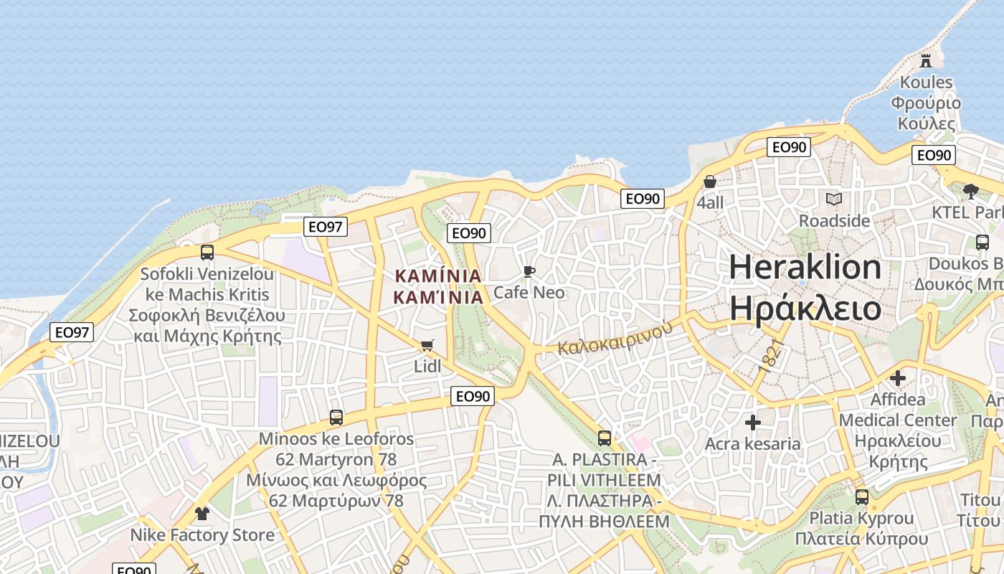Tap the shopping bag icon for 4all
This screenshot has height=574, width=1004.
click(710, 182)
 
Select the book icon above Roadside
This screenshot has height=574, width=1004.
click(834, 199)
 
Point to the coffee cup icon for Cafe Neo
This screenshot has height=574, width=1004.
click(529, 271)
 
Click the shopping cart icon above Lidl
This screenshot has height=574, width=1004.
click(427, 346)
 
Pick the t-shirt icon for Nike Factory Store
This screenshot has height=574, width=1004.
click(202, 513)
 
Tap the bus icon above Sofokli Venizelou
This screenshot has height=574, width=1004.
click(207, 252)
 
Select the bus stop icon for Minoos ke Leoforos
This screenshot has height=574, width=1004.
click(336, 417)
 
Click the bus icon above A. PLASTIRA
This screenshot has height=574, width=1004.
click(605, 438)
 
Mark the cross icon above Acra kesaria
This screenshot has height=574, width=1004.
click(752, 423)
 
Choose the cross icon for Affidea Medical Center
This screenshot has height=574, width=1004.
click(898, 377)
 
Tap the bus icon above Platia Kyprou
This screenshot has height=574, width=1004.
click(862, 497)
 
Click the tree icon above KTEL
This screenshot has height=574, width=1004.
click(971, 191)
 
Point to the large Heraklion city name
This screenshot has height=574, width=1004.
click(805, 268)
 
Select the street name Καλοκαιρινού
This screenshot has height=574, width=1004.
click(615, 337)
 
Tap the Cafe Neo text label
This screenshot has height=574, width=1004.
click(529, 293)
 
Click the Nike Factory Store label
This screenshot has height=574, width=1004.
click(202, 535)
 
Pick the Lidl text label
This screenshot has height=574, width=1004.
click(427, 367)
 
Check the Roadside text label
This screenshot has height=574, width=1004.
click(834, 220)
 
